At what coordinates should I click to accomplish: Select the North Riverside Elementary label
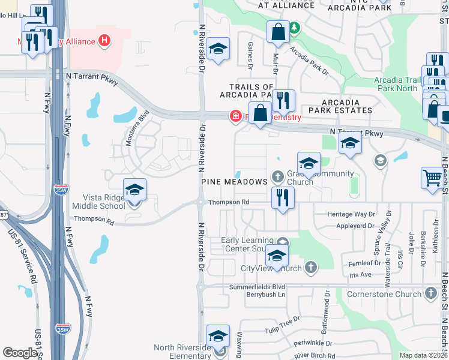tap(182, 352)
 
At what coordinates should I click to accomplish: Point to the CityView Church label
tap(271, 268)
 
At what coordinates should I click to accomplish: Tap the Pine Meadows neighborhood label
tap(234, 181)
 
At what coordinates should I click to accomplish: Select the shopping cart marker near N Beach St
tap(432, 178)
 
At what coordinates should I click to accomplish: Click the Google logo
tap(20, 353)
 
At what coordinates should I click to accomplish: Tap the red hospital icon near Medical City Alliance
tap(105, 41)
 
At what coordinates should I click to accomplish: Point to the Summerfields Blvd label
tap(257, 287)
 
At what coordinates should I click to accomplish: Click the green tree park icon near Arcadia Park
tap(295, 28)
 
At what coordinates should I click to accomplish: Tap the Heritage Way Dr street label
tap(351, 214)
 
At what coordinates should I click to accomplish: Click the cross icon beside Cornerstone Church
tap(430, 293)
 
